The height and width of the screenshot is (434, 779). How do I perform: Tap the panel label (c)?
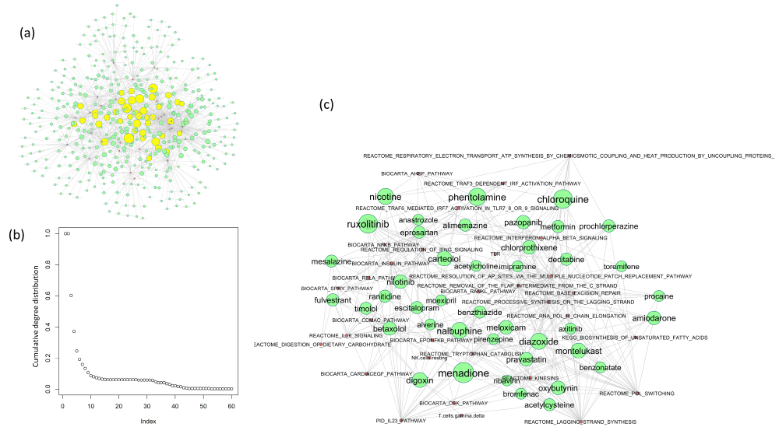(327, 104)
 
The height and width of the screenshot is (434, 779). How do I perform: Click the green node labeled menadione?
(463, 373)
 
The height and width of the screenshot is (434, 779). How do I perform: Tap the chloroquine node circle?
(563, 199)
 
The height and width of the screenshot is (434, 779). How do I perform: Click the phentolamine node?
(476, 198)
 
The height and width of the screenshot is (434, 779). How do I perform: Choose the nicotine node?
(385, 197)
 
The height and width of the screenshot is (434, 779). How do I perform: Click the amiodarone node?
(654, 317)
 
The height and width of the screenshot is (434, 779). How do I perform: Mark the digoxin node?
(419, 380)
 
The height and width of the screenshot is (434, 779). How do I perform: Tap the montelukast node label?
(577, 351)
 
